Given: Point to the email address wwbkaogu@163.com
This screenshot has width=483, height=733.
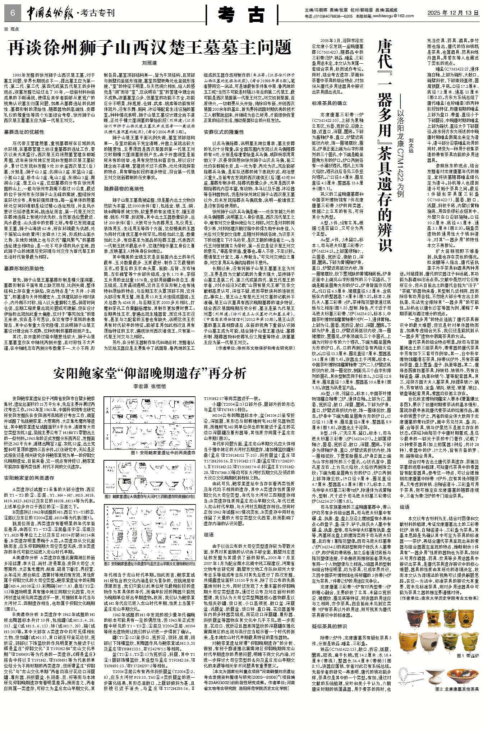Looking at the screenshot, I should click(394, 16).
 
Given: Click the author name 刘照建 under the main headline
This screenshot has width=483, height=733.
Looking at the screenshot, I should click(149, 63).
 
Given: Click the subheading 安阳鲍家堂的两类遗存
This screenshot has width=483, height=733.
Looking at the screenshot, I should click(29, 478).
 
